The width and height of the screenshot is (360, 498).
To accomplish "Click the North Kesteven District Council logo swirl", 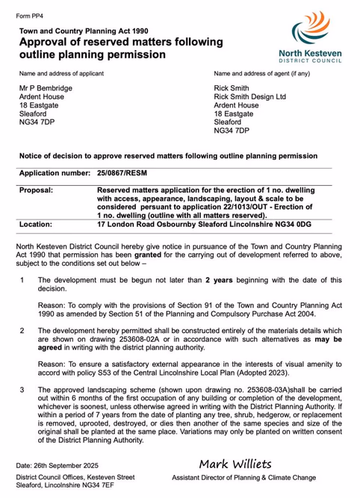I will coord(310,29).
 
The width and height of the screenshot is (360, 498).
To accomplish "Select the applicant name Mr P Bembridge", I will coord(46,88).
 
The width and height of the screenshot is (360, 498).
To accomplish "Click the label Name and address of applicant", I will coord(61,73).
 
